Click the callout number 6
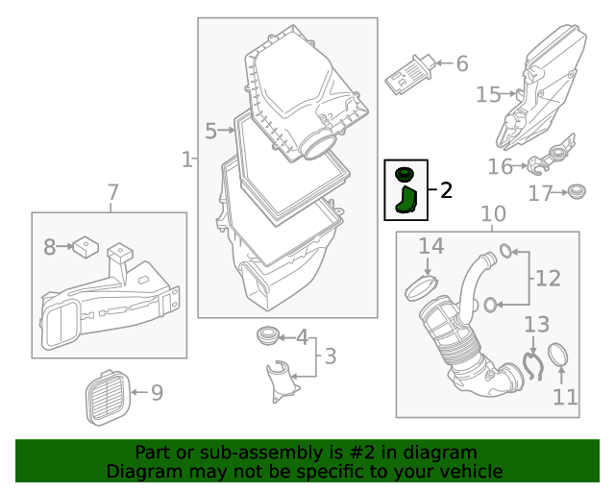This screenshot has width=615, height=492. pyautogui.click(x=461, y=63)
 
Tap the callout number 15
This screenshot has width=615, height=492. pyautogui.click(x=488, y=93)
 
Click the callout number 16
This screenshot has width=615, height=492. pyautogui.click(x=500, y=166)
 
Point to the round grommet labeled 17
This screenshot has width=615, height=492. pyautogui.click(x=577, y=192)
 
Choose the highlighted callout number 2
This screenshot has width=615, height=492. pyautogui.click(x=446, y=189)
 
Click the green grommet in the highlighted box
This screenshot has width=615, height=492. pyautogui.click(x=404, y=174)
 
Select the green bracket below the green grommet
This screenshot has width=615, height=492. pyautogui.click(x=406, y=200)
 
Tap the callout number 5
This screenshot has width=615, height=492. pyautogui.click(x=210, y=128)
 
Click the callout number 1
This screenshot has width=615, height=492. pyautogui.click(x=186, y=157)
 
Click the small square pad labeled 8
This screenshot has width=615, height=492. pyautogui.click(x=86, y=247)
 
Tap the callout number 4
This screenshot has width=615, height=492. pyautogui.click(x=302, y=337)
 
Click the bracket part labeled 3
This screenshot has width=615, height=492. pyautogui.click(x=281, y=377)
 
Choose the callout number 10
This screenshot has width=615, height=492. pyautogui.click(x=492, y=213)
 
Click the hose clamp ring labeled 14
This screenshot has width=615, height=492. pyautogui.click(x=423, y=285)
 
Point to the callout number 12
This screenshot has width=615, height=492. pyautogui.click(x=547, y=279)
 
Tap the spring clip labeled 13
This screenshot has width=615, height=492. pyautogui.click(x=531, y=366)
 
